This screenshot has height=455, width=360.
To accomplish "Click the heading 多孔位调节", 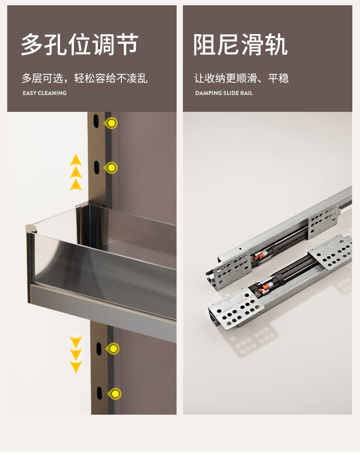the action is coord(80,45).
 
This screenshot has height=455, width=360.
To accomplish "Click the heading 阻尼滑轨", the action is coord(240,45).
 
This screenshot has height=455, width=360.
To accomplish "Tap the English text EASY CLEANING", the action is coord(45,93).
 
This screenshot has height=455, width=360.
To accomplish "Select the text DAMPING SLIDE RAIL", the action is coord(224,93).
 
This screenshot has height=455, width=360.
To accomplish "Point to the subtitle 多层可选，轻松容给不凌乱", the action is coord(84,78).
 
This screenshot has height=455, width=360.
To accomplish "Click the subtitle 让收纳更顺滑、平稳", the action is coord(241,78).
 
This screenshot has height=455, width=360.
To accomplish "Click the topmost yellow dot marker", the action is coord(111,123).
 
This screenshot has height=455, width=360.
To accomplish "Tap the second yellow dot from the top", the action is coord(111,168).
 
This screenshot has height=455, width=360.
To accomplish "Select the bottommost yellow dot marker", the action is coord(115,394).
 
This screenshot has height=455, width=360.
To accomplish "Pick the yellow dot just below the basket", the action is coord(113,348).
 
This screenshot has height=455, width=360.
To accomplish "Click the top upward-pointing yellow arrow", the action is coord(76,160).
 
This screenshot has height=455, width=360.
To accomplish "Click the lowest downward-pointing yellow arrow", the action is coord(76,367).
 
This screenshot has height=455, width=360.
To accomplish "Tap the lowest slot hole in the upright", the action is coord(99,393).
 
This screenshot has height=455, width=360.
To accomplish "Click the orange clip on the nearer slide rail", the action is coord(264,288).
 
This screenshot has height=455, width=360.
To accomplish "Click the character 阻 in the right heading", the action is coord(204,45).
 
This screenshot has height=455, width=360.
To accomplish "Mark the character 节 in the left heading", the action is coord(127,45).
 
